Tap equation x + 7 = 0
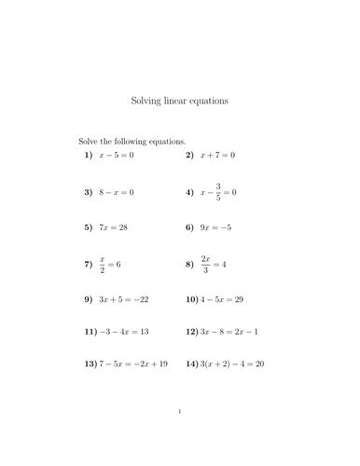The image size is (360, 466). point(217,155)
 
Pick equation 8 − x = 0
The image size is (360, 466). point(118,192)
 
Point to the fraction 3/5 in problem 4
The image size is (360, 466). point(220,192)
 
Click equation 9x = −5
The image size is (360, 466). point(215,226)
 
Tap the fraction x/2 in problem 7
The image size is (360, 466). point(103,265)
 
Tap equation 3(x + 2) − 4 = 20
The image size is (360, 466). point(232,363)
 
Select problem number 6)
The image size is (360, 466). point(189,226)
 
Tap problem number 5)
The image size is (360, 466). point(89,226)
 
